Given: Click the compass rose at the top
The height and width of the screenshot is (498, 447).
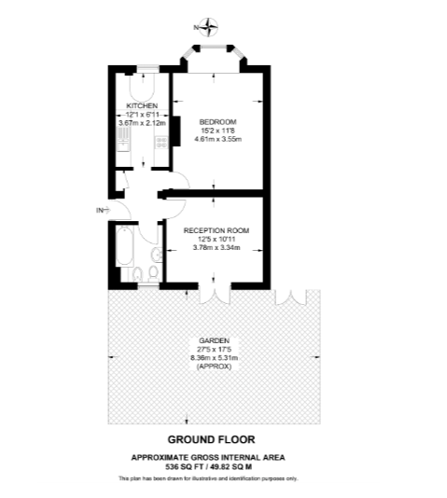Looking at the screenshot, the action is point(209,27).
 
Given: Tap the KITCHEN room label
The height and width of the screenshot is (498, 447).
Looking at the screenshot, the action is point(142,105).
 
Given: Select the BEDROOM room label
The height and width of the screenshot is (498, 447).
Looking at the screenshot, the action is point(218,121).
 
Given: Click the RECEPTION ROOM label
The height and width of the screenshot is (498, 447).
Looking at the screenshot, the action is point(217,230).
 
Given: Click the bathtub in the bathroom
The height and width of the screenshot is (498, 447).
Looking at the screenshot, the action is point(124,246).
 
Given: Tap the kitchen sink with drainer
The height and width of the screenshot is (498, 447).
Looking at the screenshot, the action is point(123,139).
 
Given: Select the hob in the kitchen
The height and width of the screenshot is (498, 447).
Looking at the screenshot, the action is point(161,142).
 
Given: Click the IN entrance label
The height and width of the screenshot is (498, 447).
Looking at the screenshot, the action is point(100,210).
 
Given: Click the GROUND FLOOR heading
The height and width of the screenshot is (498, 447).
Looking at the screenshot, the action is point(211,439).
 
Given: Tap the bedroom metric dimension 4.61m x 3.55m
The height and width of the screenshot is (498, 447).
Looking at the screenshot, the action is point(218,139).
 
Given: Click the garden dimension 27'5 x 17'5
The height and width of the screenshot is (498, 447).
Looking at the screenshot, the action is point(214,350).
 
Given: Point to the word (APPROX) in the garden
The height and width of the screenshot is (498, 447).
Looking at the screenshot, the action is point(214,367).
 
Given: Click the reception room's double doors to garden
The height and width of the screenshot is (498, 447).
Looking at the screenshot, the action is point(215,294).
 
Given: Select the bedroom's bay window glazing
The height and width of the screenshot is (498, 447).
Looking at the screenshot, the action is point(213,48).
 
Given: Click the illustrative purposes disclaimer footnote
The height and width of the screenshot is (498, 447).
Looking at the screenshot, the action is point(208,478).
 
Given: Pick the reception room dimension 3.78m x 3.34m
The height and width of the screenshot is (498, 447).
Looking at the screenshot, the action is point(217,248).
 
